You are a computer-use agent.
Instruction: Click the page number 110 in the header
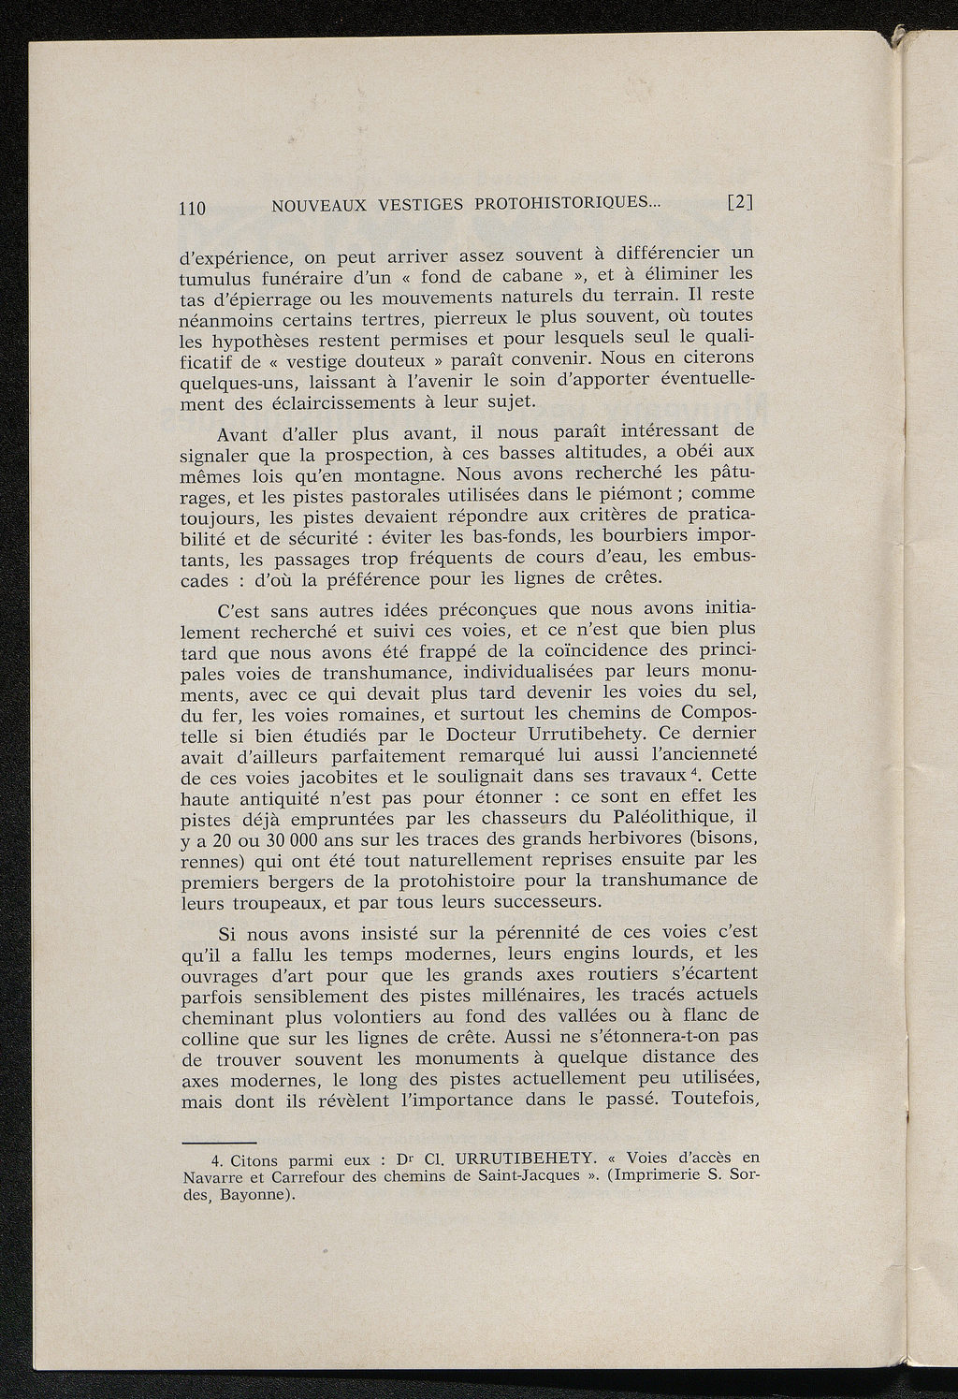click(192, 208)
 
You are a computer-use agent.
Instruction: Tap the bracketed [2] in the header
click(740, 201)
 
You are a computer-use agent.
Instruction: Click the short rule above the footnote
click(218, 1143)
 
